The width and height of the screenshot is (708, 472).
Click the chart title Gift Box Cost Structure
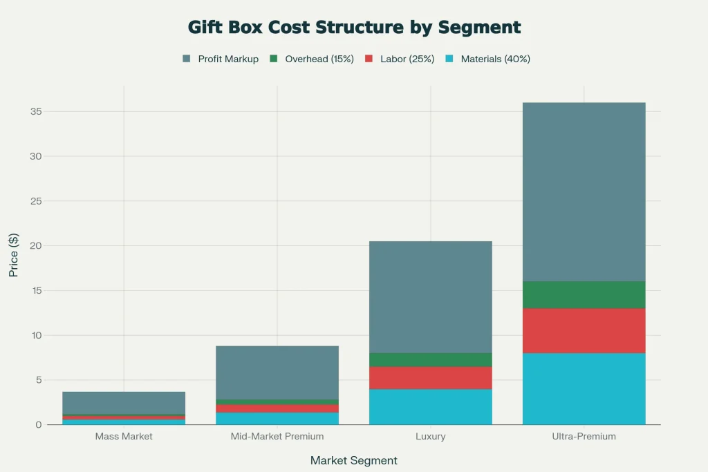[354, 28]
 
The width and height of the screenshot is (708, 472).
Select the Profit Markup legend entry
[221, 59]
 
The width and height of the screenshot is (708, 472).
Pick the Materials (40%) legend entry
[487, 59]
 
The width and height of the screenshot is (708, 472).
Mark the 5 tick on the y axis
[37, 380]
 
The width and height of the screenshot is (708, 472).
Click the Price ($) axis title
[14, 255]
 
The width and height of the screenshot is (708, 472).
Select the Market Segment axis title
[354, 460]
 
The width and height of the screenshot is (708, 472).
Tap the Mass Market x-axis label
[124, 437]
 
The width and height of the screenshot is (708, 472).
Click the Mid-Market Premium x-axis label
[277, 437]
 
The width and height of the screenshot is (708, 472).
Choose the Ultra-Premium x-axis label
[584, 437]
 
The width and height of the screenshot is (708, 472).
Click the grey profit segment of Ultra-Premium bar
[584, 192]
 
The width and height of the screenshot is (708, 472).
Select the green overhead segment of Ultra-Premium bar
[584, 294]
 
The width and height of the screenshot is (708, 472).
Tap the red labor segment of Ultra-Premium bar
[584, 330]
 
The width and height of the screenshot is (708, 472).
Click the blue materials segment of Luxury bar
[430, 406]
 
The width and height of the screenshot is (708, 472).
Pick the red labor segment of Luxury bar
[430, 377]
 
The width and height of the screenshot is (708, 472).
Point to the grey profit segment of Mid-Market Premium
[277, 372]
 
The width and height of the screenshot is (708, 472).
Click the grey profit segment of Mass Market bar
[124, 403]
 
